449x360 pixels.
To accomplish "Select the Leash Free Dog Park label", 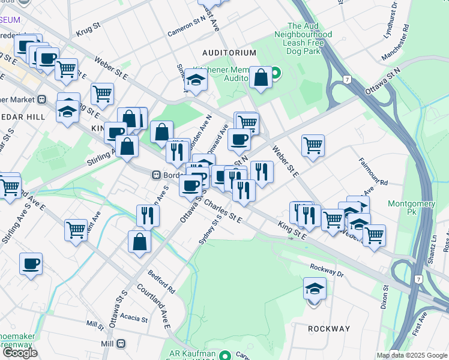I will pyautogui.click(x=310, y=35).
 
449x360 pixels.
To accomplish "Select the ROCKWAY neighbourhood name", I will pyautogui.click(x=328, y=329).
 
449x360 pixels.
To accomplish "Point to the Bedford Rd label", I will pyautogui.click(x=163, y=281).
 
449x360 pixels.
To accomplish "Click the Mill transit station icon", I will pyautogui.click(x=121, y=344).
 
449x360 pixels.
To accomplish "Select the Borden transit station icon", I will pyautogui.click(x=155, y=175).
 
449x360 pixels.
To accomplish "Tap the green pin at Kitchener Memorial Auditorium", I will pyautogui.click(x=276, y=74).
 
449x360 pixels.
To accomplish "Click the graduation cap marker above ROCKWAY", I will pyautogui.click(x=315, y=289).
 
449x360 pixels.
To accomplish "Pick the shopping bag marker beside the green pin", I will pyautogui.click(x=261, y=77).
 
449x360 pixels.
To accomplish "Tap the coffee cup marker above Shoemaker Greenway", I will pyautogui.click(x=31, y=263).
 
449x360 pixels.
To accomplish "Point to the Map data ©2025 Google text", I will pyautogui.click(x=411, y=355).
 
